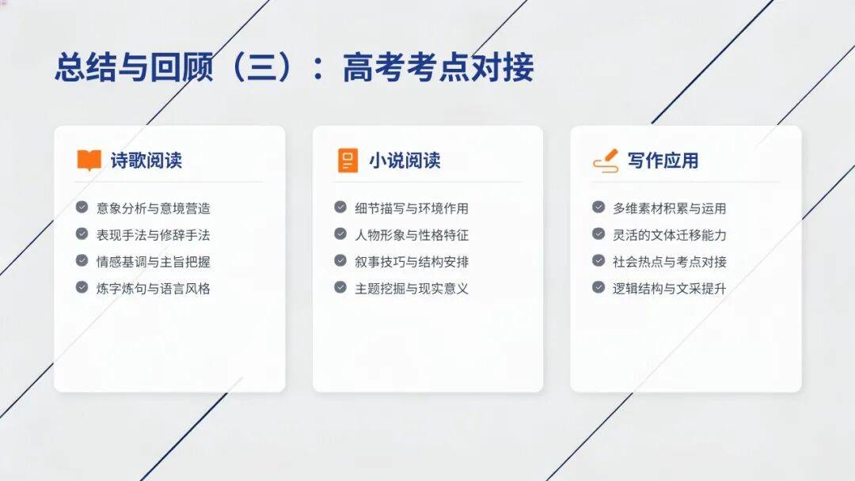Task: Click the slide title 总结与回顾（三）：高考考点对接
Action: point(294,67)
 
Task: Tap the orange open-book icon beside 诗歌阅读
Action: point(89,160)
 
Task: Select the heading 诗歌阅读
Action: point(146,161)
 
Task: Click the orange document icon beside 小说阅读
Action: point(348,160)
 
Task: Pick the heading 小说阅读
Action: point(405,161)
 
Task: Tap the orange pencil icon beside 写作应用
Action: point(606,161)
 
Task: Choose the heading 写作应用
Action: point(663,161)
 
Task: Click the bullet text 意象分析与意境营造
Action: point(154,208)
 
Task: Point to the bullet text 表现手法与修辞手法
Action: point(154,235)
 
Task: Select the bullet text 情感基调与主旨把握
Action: point(154,262)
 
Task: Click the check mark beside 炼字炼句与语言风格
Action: point(82,287)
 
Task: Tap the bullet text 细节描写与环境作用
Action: point(412,208)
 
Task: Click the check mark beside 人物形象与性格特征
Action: point(340,233)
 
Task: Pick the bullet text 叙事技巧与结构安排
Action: point(412,262)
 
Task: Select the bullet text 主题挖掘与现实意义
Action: point(412,288)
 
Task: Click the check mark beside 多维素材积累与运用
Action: point(598,207)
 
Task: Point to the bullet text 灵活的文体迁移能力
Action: point(670,235)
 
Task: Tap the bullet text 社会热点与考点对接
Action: point(670,262)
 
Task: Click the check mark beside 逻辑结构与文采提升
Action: point(598,287)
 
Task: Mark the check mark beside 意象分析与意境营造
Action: point(82,207)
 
